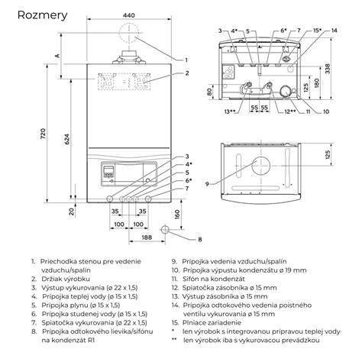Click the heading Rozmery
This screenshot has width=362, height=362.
click(x=42, y=15)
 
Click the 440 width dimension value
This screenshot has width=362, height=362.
click(x=129, y=15)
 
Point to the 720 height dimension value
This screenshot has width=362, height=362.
click(x=44, y=134)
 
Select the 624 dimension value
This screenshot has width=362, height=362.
click(x=66, y=139)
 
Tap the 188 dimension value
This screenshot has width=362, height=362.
click(x=147, y=238)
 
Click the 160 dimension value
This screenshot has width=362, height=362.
click(x=177, y=215)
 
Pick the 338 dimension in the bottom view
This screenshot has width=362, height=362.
click(x=328, y=69)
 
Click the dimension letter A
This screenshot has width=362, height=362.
click(x=58, y=55)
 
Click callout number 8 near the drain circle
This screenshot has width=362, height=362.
click(x=200, y=239)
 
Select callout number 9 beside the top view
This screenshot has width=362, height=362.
click(x=207, y=183)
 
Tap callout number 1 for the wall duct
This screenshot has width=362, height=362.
click(x=186, y=60)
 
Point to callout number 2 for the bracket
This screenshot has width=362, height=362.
click(x=187, y=73)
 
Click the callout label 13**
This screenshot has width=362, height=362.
click(x=229, y=112)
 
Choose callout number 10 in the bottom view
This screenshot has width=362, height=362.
click(x=326, y=112)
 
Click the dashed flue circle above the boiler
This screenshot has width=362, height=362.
click(x=129, y=33)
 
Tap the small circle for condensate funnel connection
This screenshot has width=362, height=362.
click(x=165, y=229)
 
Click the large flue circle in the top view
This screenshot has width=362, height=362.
click(x=260, y=166)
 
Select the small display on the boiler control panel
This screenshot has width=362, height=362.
click(x=108, y=169)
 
